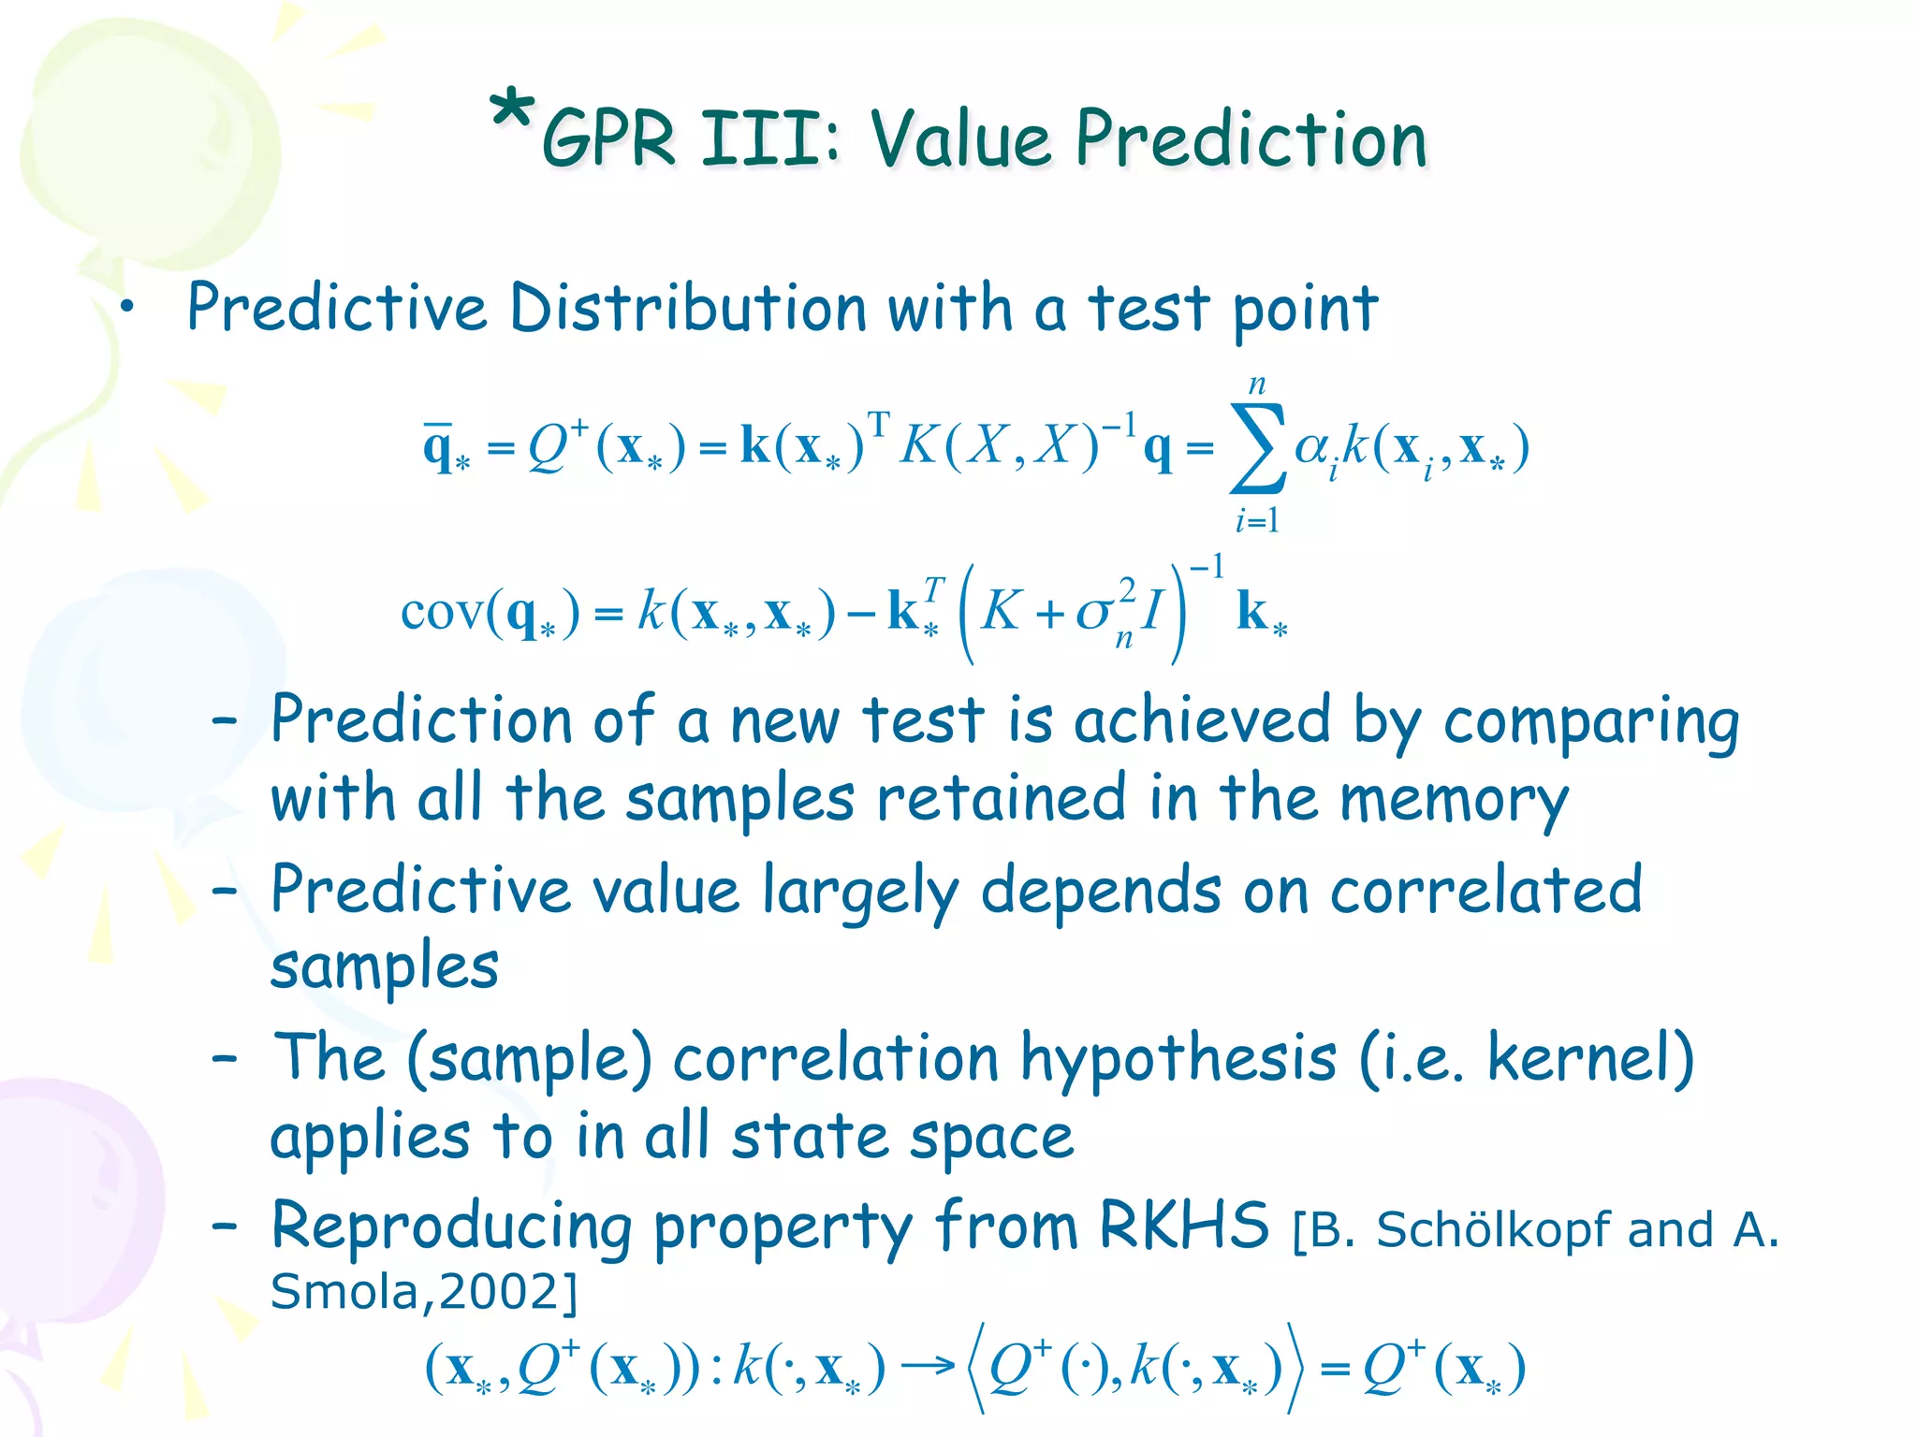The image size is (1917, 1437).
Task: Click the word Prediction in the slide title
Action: tap(1251, 140)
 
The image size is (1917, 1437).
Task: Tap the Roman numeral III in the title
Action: tap(771, 140)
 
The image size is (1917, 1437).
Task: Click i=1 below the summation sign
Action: tap(1257, 520)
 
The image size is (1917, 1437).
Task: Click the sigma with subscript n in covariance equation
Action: tap(1095, 614)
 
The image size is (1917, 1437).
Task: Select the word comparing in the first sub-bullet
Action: tap(1591, 722)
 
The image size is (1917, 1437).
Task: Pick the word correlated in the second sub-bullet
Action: tap(1486, 891)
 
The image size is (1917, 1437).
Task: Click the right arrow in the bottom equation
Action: tap(927, 1367)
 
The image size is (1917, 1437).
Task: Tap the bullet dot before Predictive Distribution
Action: tap(127, 309)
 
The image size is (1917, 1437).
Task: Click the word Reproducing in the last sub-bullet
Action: tap(451, 1227)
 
